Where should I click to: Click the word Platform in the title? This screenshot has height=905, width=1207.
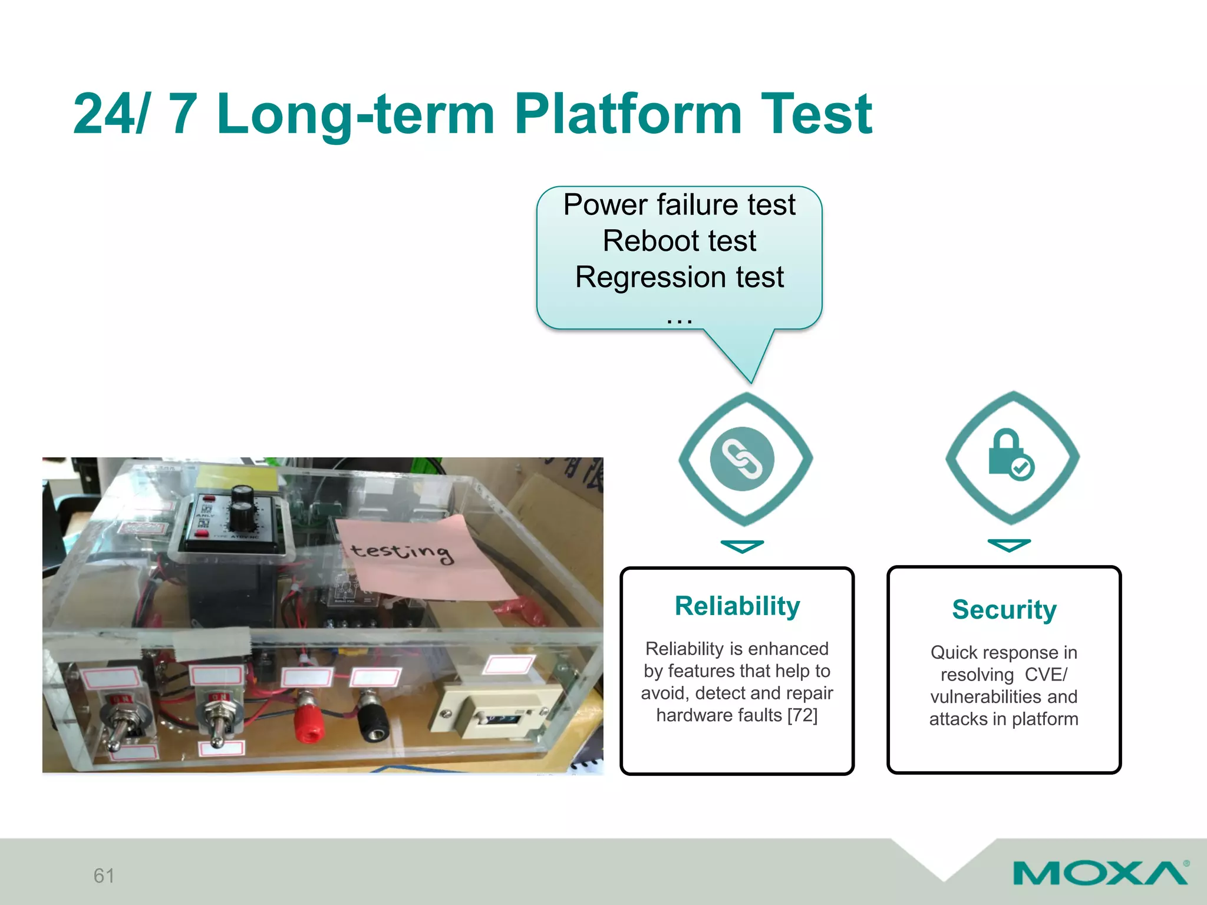(628, 115)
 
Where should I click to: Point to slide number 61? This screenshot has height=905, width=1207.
(104, 876)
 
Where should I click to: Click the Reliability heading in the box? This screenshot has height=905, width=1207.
(737, 606)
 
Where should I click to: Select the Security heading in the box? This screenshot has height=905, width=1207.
(1004, 609)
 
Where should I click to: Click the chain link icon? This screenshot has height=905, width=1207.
(742, 459)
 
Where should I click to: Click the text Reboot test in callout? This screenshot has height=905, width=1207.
(679, 241)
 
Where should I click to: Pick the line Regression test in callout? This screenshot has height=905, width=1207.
(679, 277)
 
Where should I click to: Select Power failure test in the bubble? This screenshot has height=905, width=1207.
(679, 204)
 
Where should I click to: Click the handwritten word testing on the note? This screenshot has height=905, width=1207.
(402, 552)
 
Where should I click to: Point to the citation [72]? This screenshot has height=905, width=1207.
(802, 715)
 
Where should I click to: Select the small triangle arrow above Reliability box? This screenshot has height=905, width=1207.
(742, 546)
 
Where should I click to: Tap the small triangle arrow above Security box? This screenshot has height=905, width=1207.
(1009, 545)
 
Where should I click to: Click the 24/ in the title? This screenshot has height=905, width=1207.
(110, 115)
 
